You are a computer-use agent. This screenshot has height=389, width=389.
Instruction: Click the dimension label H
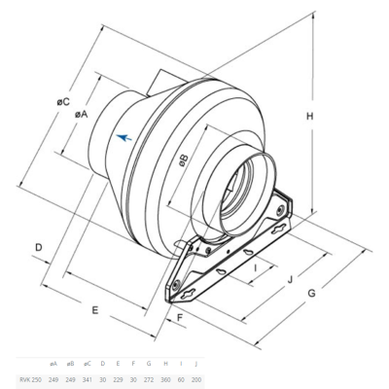click(309, 117)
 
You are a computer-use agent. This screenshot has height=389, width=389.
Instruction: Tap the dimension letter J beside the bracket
click(289, 277)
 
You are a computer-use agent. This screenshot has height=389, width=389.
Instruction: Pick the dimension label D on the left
click(39, 249)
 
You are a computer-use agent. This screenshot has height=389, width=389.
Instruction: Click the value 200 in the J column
click(196, 376)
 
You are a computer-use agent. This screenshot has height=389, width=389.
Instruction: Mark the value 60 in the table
click(181, 376)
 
